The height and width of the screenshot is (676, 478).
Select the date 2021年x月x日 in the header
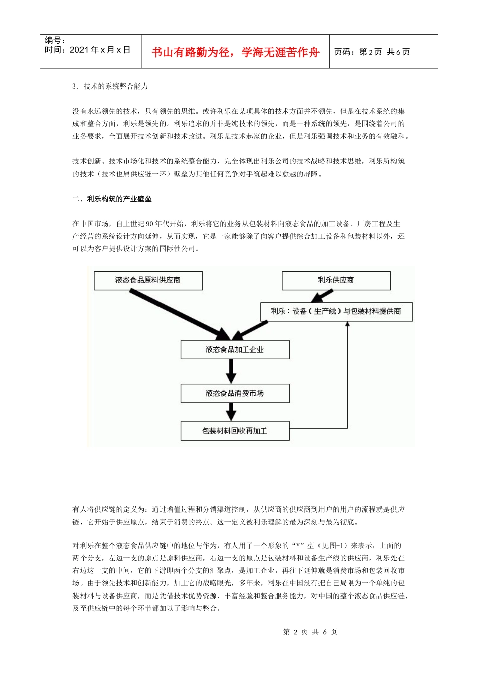pos(88,50)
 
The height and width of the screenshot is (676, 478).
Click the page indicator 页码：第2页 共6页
pos(372,52)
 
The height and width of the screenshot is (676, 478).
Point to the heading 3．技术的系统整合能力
pos(110,86)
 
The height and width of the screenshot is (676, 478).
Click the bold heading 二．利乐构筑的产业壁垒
pos(112,199)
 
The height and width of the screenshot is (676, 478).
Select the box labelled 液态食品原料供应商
pos(148,280)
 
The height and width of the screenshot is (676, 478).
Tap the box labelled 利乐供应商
pos(336,280)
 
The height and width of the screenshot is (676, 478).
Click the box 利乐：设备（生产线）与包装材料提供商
pos(336,311)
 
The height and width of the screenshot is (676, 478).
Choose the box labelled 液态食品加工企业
pos(234,349)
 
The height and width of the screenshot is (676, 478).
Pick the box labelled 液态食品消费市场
pos(234,393)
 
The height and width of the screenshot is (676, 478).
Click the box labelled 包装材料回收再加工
pos(234,431)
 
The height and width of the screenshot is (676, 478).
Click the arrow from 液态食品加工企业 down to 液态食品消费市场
pos(231,371)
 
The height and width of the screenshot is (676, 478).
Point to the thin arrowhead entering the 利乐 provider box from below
pos(347,324)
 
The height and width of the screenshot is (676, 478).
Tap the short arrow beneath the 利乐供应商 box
pos(335,296)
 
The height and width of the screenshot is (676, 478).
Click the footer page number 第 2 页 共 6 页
pos(310,632)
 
